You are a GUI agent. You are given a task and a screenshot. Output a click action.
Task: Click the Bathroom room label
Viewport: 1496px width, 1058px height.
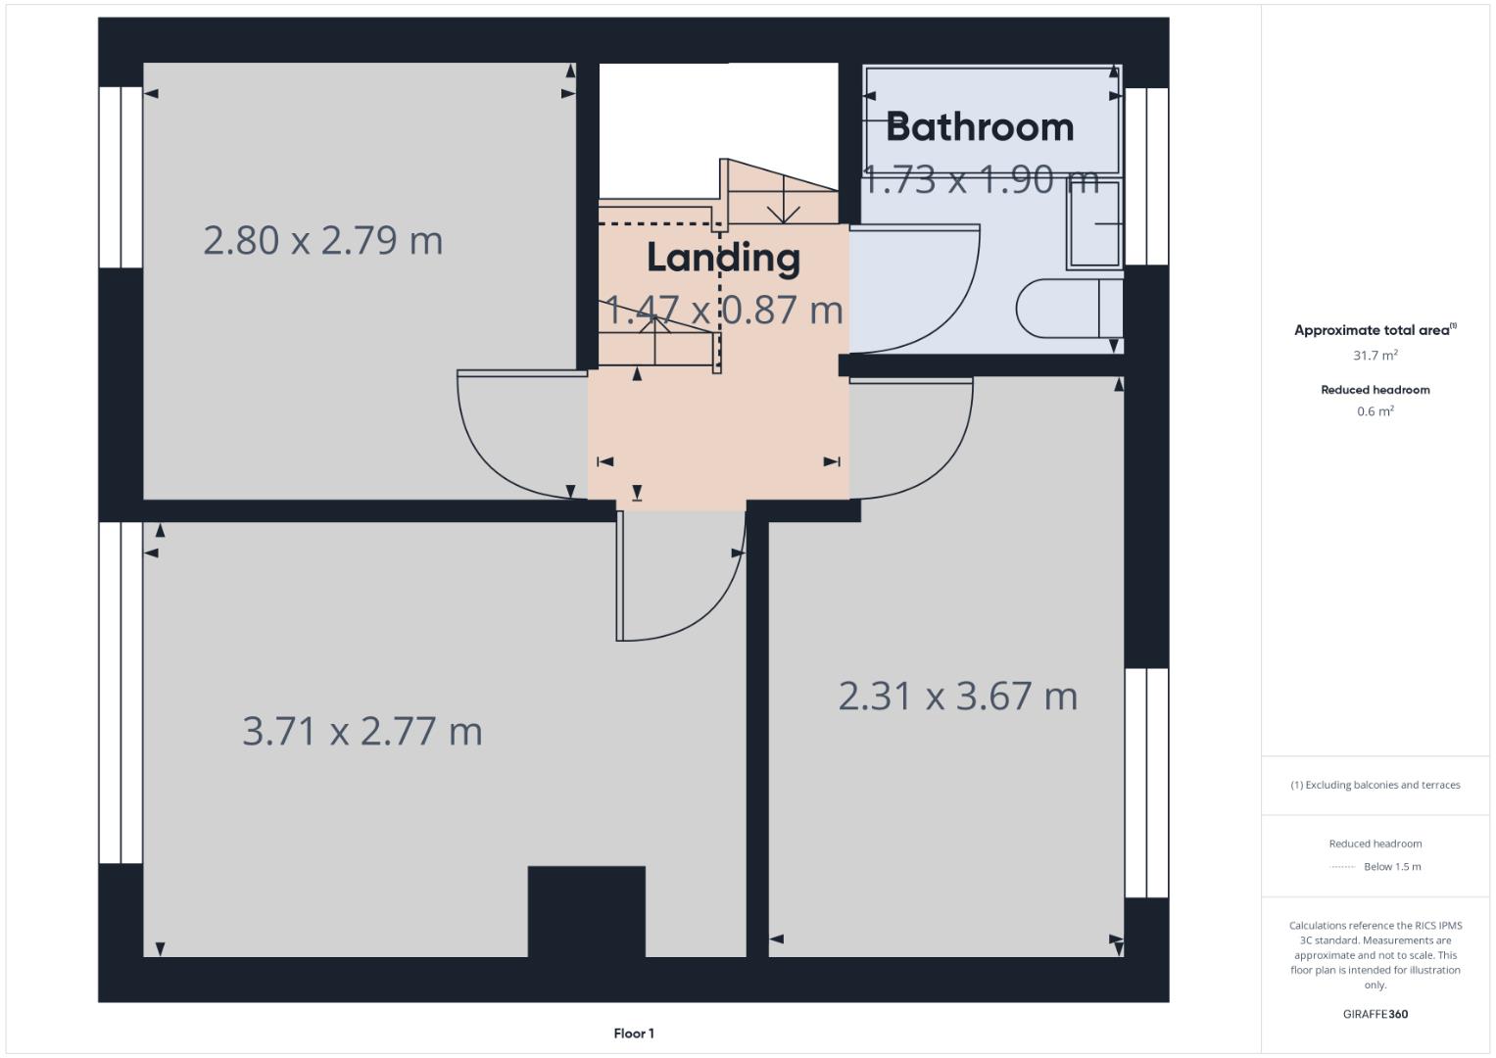(x=980, y=127)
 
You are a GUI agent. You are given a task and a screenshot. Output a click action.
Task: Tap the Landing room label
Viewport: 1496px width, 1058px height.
(x=723, y=258)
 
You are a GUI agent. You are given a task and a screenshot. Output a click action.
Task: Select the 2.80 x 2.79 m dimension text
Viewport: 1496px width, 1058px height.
(x=322, y=240)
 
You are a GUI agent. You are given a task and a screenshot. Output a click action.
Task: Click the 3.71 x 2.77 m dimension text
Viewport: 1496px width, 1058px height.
(x=362, y=731)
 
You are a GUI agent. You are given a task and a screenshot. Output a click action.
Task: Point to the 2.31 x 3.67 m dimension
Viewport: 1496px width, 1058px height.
(x=957, y=696)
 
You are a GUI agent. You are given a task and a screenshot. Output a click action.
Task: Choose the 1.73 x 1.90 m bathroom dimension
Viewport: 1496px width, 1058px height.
(x=980, y=179)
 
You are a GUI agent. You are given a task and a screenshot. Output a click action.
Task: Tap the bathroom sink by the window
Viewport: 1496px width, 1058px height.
(x=1094, y=224)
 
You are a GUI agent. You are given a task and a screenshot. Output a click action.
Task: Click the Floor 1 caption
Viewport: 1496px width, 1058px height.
(x=634, y=1034)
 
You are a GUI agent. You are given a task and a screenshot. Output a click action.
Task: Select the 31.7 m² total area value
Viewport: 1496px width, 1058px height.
(x=1375, y=356)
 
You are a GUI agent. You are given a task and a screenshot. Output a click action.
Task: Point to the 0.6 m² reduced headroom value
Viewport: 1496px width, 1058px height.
(x=1375, y=411)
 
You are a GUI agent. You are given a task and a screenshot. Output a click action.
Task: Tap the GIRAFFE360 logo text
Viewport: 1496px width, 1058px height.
(x=1375, y=1014)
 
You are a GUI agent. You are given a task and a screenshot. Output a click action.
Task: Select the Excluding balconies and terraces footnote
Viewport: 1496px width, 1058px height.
(x=1375, y=785)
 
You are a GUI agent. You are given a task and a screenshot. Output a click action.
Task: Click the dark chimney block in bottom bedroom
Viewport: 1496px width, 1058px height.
(x=586, y=911)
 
